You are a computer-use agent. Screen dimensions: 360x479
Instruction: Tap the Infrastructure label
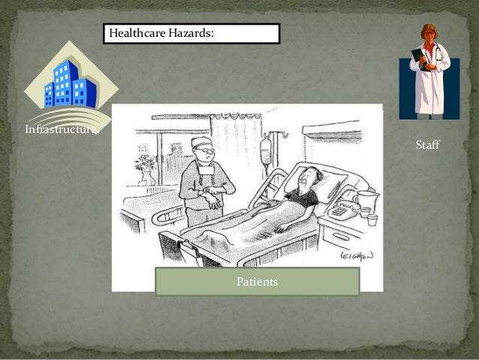pos(62,129)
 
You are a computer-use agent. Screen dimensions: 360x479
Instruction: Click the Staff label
pos(427,144)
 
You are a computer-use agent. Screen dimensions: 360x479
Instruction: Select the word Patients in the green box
pos(257,282)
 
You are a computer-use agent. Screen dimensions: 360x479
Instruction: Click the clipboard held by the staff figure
pos(418,59)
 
